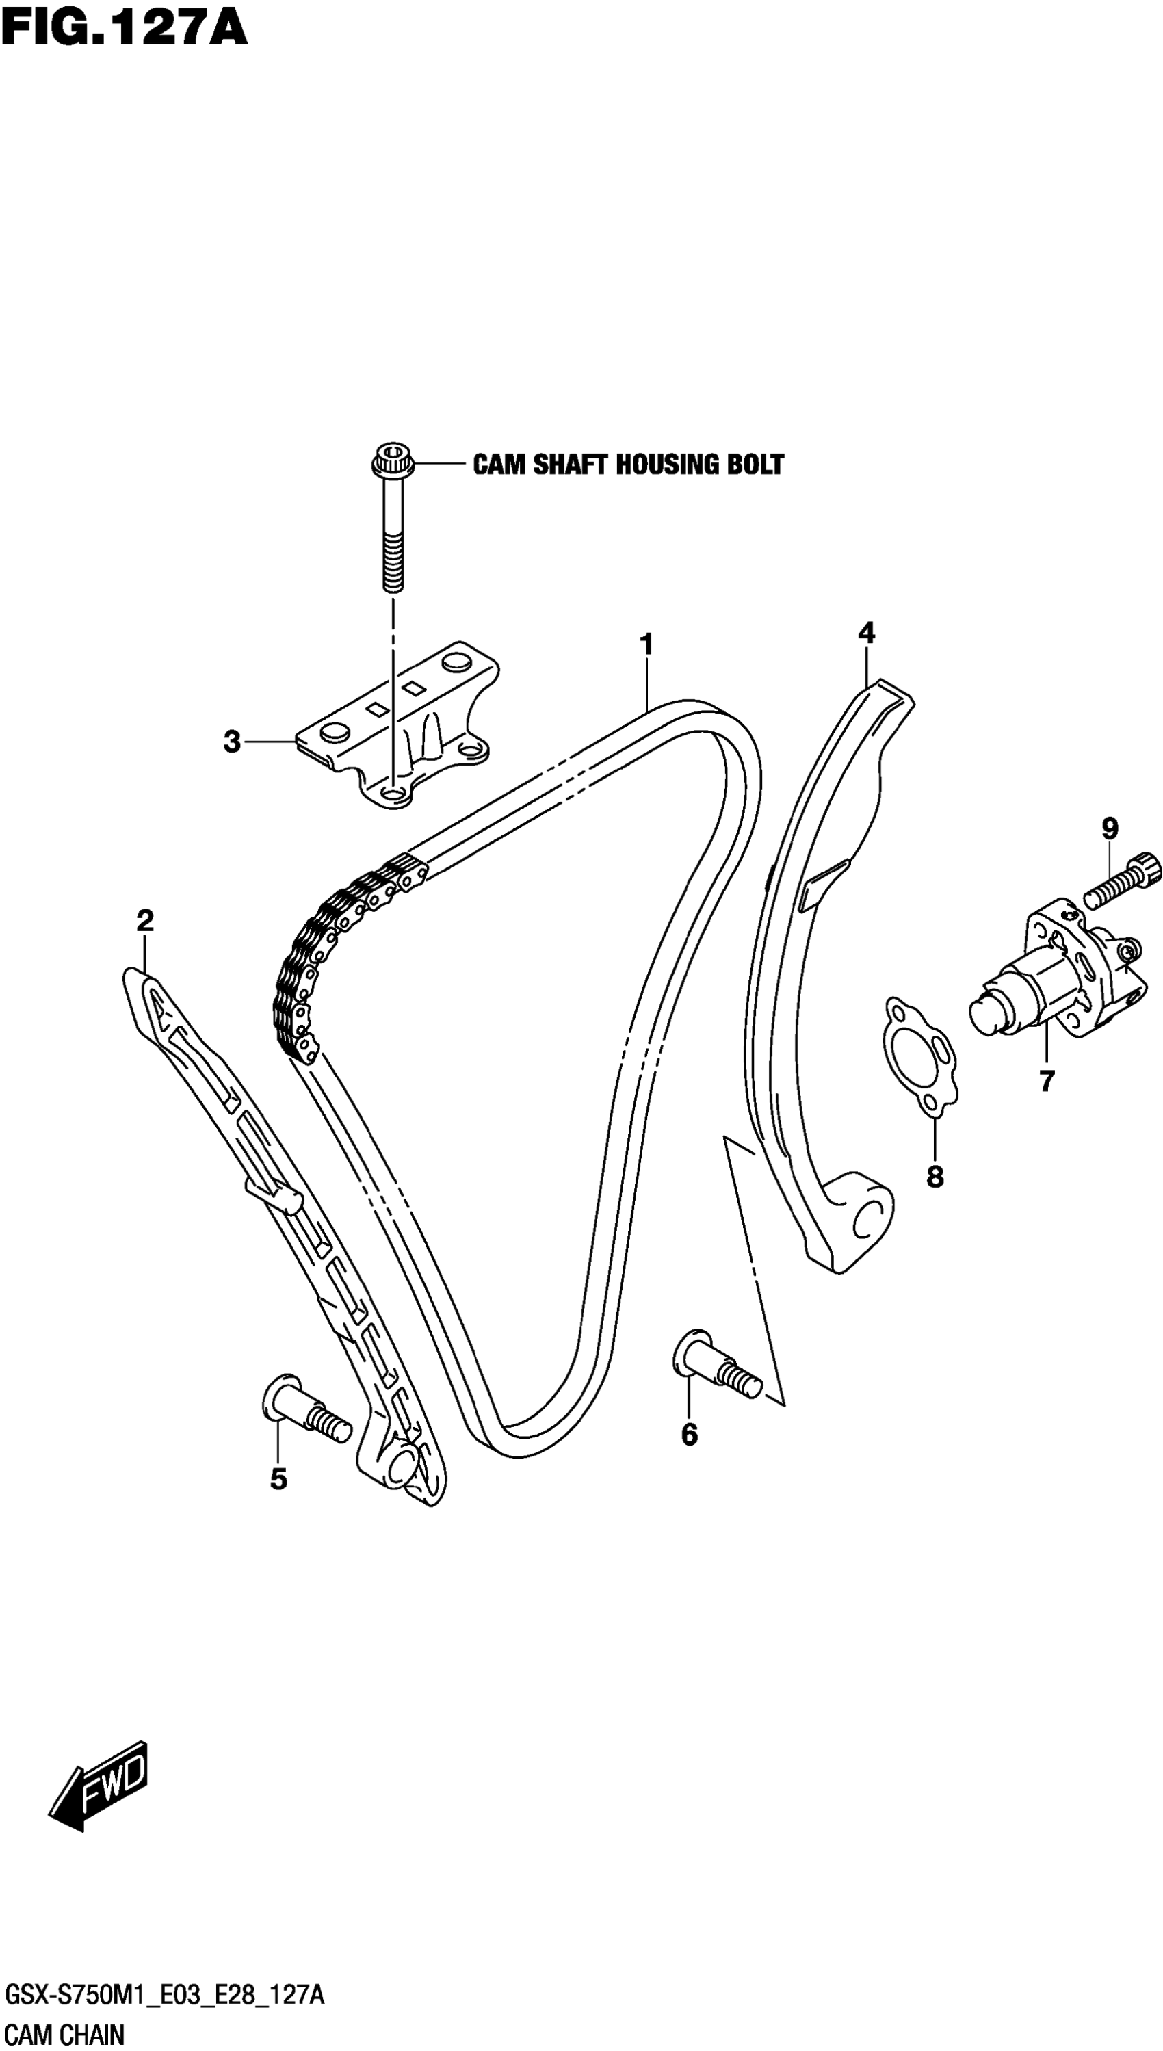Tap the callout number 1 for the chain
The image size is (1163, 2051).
646,644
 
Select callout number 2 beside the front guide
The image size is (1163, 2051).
144,921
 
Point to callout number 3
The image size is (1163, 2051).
232,742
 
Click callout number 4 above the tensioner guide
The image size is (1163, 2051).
867,633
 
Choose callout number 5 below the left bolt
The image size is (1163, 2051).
278,1479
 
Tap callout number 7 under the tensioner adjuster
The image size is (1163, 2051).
1047,1081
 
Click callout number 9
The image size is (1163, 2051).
1110,828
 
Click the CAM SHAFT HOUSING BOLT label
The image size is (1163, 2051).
629,464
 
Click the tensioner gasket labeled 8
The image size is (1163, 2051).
919,1054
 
